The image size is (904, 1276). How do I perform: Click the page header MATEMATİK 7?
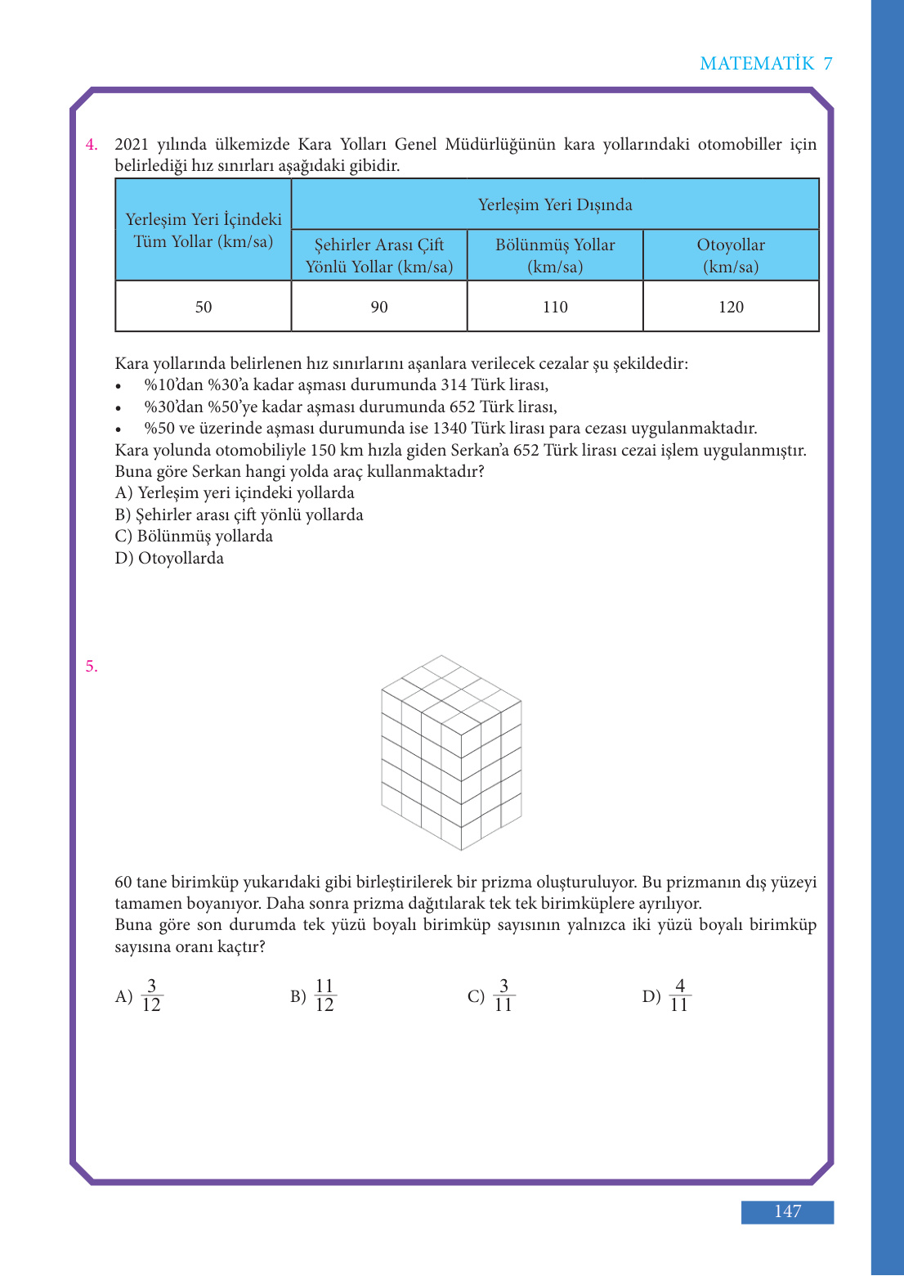766,64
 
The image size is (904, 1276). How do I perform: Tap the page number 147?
787,1211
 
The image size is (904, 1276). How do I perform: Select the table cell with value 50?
204,307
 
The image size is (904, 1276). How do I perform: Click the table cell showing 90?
379,307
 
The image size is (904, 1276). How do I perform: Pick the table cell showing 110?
555,307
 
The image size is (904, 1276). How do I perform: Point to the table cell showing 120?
731,307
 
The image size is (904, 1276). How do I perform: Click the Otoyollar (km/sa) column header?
731,255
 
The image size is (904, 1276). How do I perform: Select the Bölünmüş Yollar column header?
555,255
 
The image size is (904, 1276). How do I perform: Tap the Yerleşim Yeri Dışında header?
555,204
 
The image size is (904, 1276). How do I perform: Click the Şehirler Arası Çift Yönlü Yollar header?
379,255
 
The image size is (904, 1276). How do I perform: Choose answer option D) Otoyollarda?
169,558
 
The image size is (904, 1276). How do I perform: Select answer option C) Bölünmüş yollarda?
194,536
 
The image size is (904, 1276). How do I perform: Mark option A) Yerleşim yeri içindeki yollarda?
235,492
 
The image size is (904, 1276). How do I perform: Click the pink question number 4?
92,145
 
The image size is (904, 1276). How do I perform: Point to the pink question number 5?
92,667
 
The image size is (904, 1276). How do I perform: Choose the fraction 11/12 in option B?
324,995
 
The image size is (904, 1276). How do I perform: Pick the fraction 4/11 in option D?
679,995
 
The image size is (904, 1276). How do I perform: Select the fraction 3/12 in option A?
151,995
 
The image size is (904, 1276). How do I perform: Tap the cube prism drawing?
451,753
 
